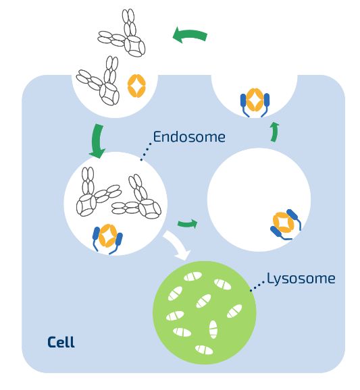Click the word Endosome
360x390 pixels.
[189, 137]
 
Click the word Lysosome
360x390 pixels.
[301, 279]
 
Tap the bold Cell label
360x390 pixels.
[61, 342]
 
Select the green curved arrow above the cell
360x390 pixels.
[190, 35]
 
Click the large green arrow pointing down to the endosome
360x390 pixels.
[97, 141]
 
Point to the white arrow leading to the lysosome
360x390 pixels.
[178, 245]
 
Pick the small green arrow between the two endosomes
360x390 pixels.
[188, 223]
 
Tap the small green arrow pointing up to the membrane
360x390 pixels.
[274, 132]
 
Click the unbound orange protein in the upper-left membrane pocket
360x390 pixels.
[136, 86]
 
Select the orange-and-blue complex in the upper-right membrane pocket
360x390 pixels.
[255, 101]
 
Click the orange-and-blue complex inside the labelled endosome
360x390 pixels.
[107, 239]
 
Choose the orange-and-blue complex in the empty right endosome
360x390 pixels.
[286, 224]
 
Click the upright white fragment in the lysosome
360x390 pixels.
[213, 329]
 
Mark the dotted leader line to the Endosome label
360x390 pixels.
[146, 151]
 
